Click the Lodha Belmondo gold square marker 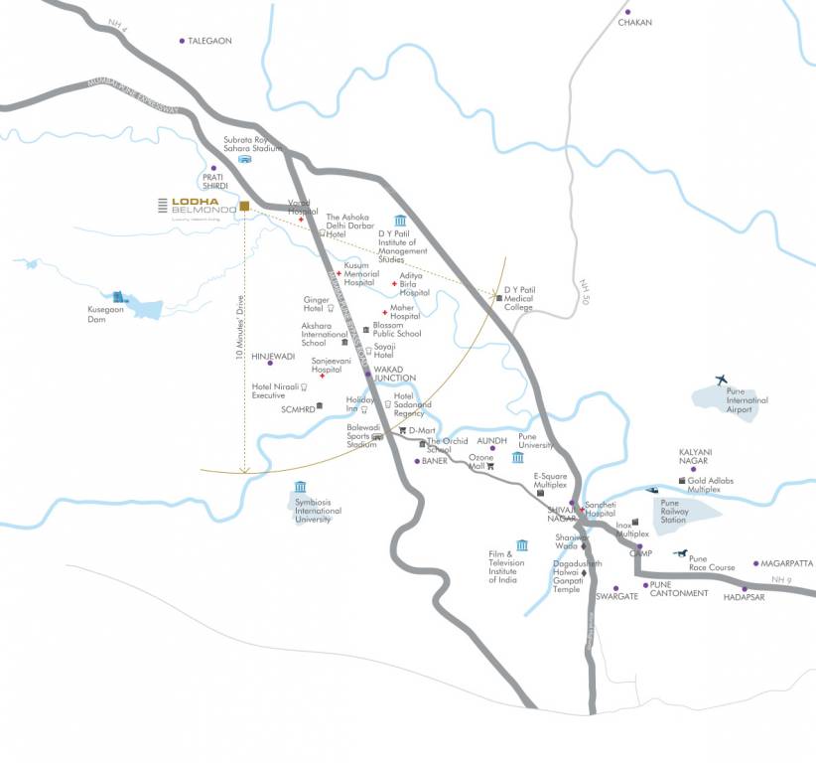(x=243, y=206)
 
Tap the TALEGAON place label (x=209, y=41)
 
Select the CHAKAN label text (x=635, y=22)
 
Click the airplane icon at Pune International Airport (x=721, y=380)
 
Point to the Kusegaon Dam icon (x=120, y=297)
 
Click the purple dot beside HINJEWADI (x=256, y=363)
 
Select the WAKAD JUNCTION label (x=394, y=374)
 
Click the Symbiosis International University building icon (x=300, y=487)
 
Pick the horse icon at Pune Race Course (x=680, y=553)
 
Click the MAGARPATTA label (x=788, y=563)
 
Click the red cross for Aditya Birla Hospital (x=395, y=284)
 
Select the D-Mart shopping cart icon (x=403, y=430)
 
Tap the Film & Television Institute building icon (x=522, y=544)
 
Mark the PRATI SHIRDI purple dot (x=213, y=168)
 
